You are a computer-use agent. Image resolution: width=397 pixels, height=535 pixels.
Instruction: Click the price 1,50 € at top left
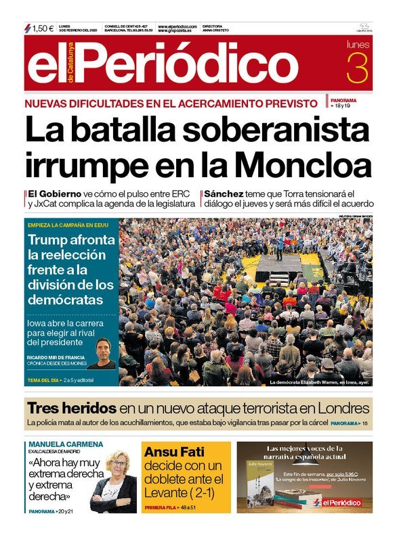click(43, 28)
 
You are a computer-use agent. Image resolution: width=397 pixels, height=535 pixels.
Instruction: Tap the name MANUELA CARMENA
click(66, 444)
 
